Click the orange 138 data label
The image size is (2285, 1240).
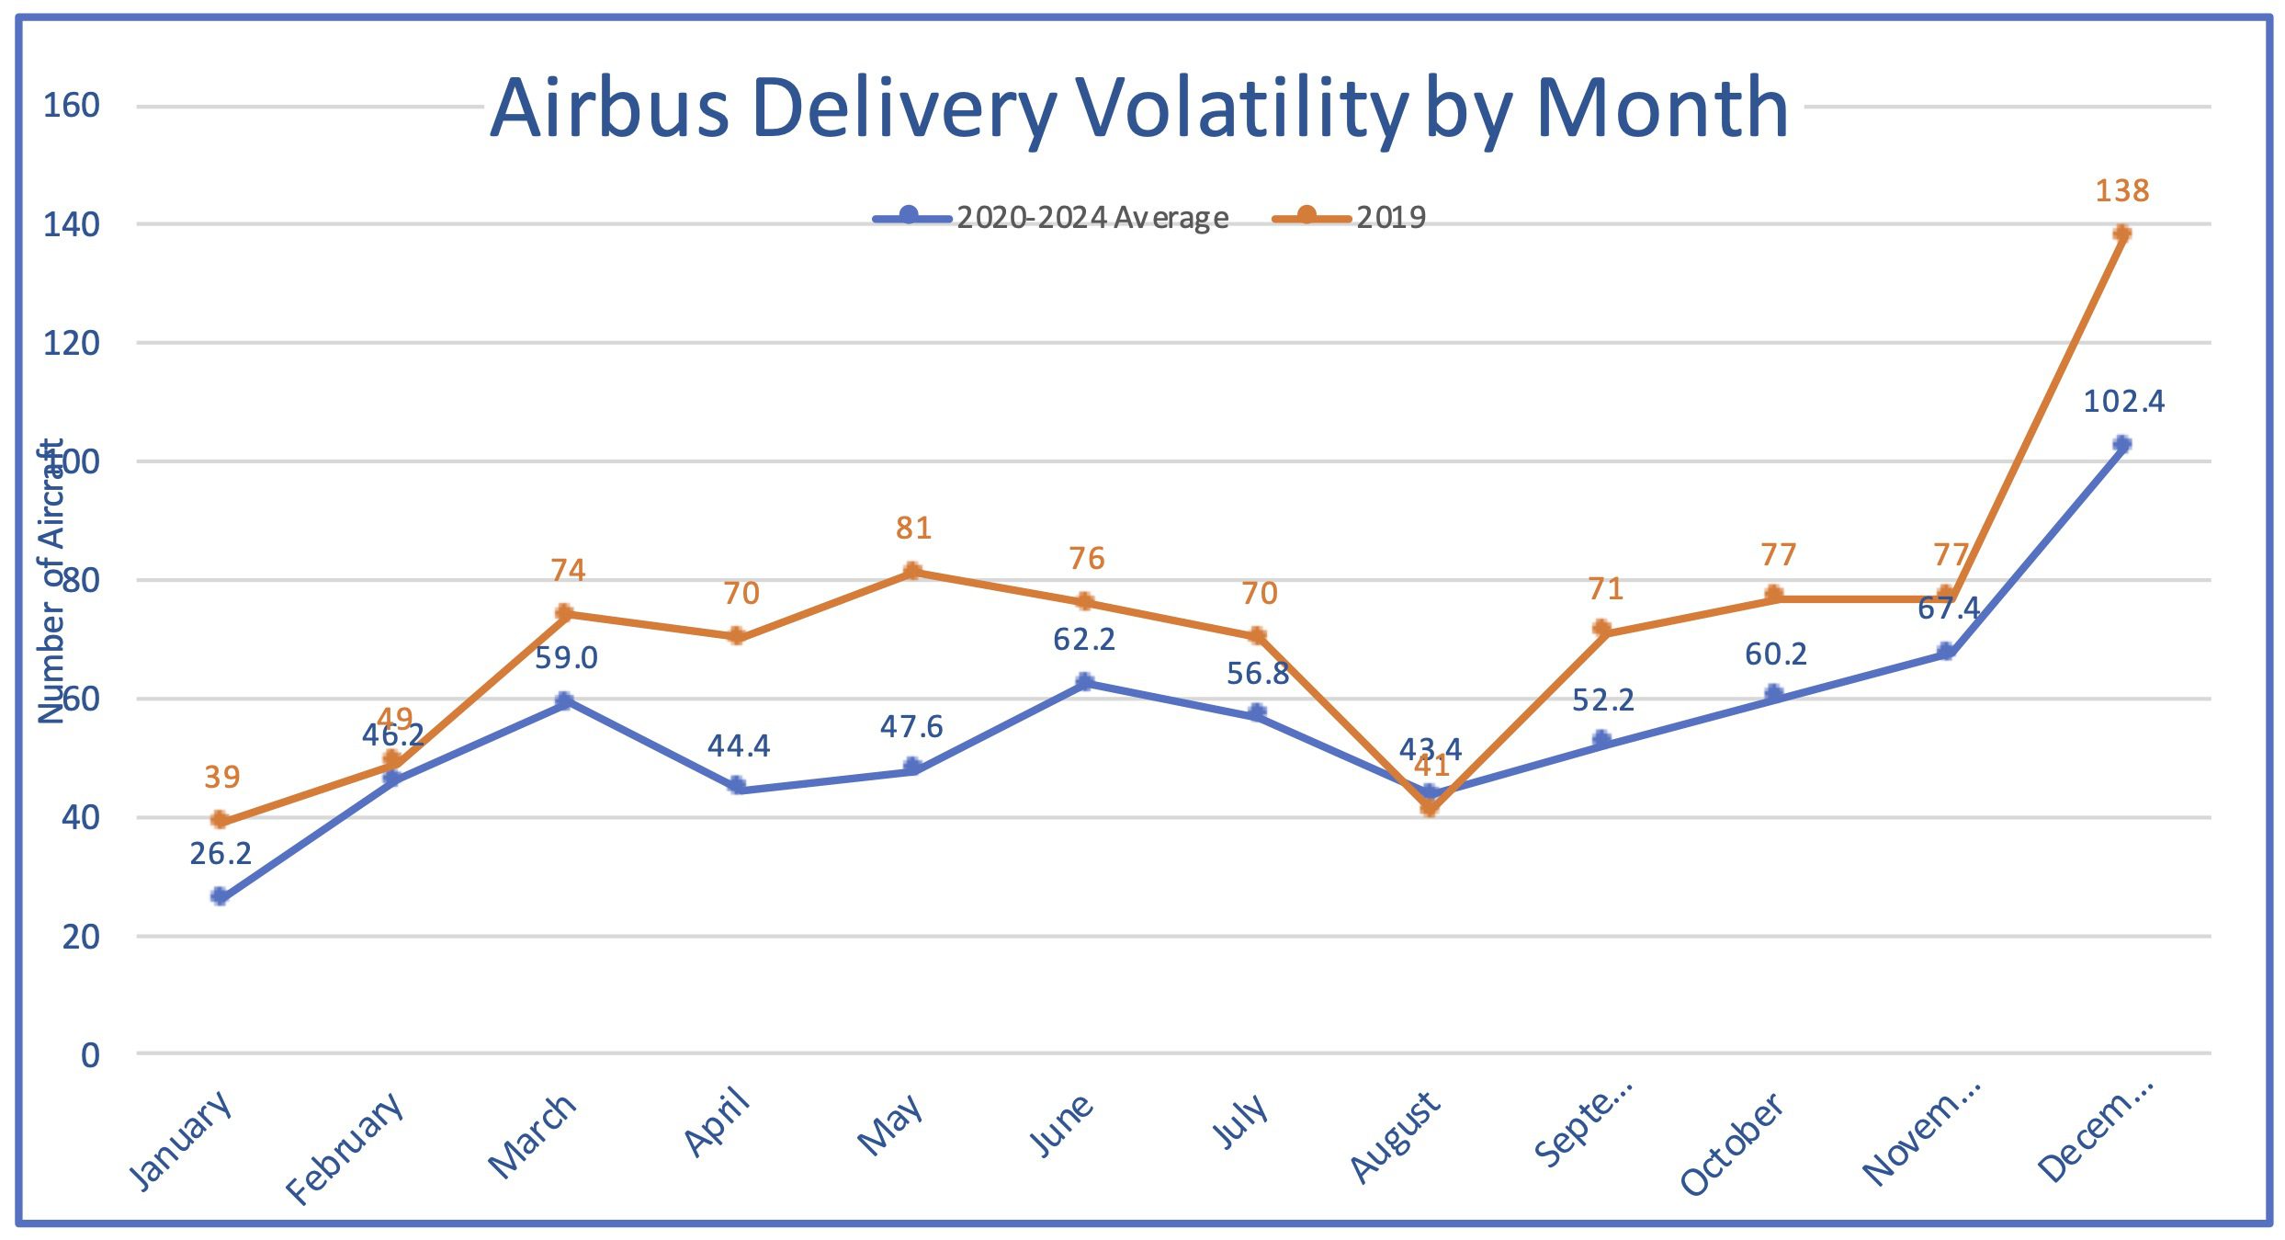coord(2121,190)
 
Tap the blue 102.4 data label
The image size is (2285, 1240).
coord(2123,401)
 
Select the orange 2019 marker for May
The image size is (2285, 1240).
coord(912,571)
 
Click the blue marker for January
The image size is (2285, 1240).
coord(220,896)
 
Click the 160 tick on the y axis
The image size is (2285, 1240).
coord(72,106)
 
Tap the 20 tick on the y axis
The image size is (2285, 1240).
coord(81,937)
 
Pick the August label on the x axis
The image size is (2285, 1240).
coord(1394,1137)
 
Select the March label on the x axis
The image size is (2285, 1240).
coord(532,1136)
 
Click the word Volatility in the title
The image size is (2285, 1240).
coord(1241,108)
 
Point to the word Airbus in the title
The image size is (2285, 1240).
coord(610,108)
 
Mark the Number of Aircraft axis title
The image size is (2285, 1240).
coord(51,581)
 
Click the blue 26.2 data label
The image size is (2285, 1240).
coord(221,854)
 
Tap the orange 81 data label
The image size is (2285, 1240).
coord(914,528)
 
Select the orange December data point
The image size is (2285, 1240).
coord(2121,233)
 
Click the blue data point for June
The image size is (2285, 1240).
coord(1085,682)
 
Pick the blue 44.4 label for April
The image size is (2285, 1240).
coord(739,745)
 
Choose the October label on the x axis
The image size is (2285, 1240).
coord(1731,1144)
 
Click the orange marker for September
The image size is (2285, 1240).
coord(1601,629)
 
